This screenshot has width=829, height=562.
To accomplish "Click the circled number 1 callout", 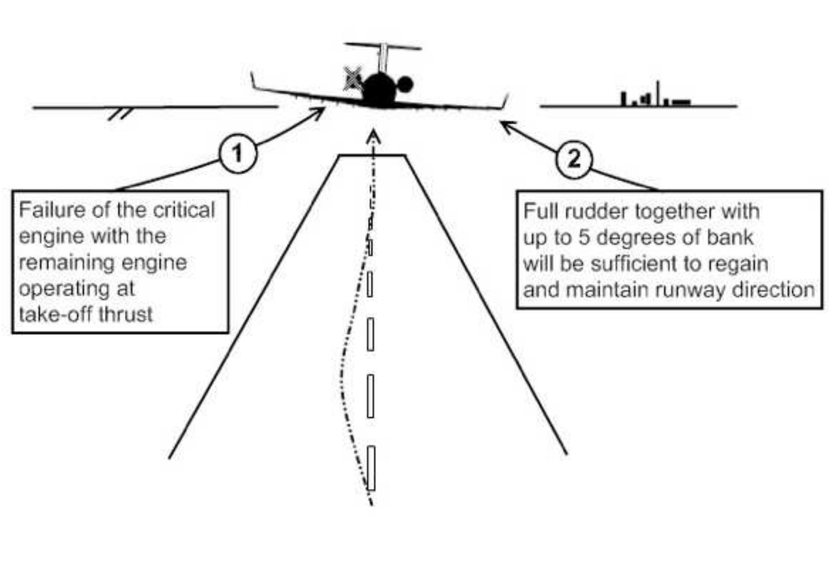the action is tap(238, 154).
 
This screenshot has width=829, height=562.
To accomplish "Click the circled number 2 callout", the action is tap(574, 159).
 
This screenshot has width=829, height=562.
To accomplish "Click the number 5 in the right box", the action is tap(584, 238).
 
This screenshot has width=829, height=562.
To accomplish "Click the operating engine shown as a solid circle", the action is tap(405, 84).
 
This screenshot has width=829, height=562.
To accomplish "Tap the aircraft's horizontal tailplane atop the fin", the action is tap(383, 46).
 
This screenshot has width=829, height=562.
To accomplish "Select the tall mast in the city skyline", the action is tap(658, 93).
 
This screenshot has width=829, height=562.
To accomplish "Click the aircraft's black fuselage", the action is tap(380, 90).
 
